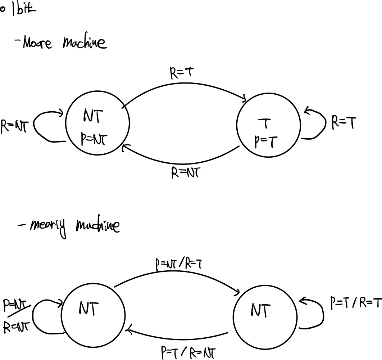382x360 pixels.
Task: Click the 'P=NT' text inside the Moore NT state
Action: (x=95, y=139)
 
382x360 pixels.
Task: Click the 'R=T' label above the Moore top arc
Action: (x=182, y=73)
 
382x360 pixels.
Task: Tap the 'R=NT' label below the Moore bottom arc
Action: (x=185, y=173)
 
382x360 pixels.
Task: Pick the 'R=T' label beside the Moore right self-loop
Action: (x=344, y=123)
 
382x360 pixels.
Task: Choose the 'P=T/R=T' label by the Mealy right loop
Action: (x=355, y=303)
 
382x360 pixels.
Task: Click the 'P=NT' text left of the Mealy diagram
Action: (x=16, y=306)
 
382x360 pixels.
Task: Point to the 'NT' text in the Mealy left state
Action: (x=87, y=308)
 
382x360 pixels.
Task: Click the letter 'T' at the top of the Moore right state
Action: (x=265, y=124)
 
